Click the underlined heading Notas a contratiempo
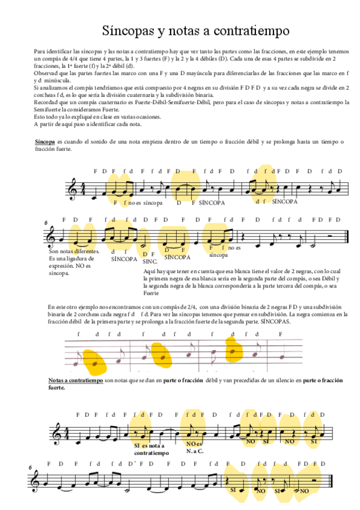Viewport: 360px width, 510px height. pos(75,381)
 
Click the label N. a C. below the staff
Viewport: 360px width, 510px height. pos(195,450)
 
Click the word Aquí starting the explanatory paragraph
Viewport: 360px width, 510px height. pos(150,272)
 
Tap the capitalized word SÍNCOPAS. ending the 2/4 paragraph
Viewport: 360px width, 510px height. pos(275,322)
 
